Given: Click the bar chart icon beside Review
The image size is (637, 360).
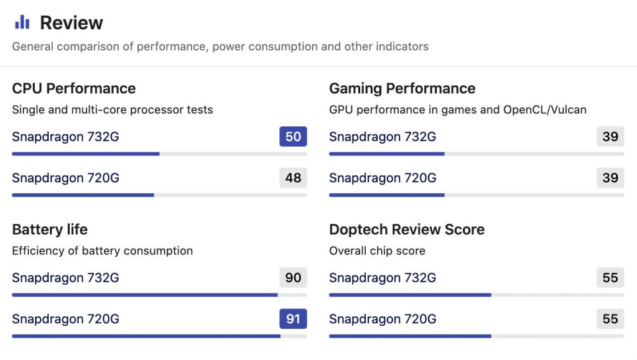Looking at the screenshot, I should tap(22, 23).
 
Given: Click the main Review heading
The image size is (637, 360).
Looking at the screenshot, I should tap(72, 23).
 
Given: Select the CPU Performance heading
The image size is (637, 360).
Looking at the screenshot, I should tap(73, 88).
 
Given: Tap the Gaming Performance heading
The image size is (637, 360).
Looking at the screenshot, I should tap(402, 88).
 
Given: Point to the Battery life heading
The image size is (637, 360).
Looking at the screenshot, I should tap(50, 229).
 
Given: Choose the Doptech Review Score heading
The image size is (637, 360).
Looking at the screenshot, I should tap(406, 229).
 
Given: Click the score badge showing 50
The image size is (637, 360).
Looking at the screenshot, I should tap(293, 136).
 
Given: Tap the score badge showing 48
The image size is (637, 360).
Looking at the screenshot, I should tap(293, 178).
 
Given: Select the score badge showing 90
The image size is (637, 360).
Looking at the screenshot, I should tap(293, 277).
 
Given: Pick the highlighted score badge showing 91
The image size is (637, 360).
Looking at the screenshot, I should tap(293, 319).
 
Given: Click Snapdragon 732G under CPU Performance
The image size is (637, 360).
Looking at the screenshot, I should tap(65, 137).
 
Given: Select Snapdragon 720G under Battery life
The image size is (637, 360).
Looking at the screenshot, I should tap(65, 320).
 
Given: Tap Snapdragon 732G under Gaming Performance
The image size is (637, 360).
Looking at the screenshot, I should tap(383, 137).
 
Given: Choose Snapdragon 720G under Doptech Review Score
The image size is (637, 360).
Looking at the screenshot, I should tap(383, 320).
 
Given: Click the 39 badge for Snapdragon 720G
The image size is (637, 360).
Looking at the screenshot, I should tap(610, 178).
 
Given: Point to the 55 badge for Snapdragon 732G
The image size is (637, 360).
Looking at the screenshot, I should tap(610, 277).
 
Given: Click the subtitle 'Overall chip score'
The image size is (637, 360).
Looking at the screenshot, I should tap(377, 251).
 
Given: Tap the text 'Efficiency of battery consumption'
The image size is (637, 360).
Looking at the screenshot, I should tap(102, 251).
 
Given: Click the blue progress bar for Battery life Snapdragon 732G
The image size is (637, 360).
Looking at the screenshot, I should tap(144, 295).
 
